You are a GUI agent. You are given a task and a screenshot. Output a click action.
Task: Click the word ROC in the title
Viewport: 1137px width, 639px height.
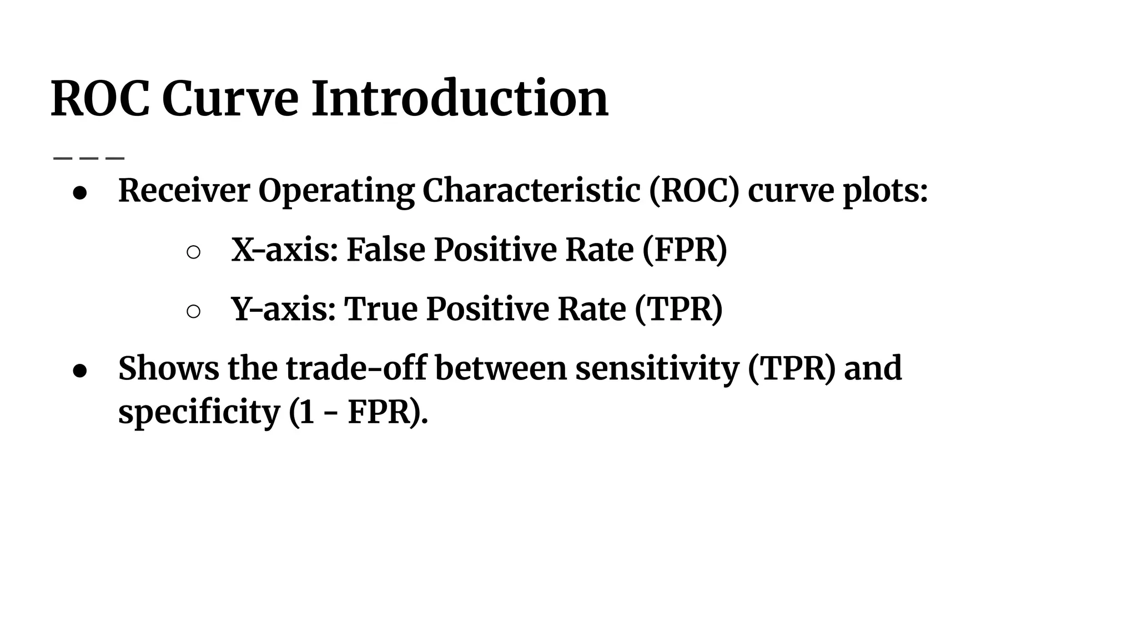[100, 99]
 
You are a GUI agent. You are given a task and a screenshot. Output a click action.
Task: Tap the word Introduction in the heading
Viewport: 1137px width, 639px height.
[460, 99]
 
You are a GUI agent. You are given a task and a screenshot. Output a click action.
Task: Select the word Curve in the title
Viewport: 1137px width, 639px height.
[230, 99]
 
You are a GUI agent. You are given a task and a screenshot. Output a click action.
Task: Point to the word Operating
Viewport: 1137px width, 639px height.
[336, 191]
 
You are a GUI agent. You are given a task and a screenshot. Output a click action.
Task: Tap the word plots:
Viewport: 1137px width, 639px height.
[885, 191]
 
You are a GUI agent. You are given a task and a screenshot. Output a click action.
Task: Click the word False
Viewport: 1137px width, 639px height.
[386, 250]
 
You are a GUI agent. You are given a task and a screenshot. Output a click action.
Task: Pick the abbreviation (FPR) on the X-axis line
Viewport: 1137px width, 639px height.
[685, 250]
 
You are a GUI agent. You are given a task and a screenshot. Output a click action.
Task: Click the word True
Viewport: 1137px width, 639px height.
[380, 309]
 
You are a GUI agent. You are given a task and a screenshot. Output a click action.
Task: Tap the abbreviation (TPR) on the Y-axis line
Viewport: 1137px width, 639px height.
[678, 309]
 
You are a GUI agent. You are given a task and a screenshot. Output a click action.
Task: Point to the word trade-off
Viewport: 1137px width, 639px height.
[356, 368]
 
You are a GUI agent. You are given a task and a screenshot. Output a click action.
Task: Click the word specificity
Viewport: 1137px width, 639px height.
[199, 413]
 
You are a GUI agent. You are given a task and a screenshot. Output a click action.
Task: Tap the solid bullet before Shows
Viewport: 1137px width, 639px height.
[80, 371]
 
